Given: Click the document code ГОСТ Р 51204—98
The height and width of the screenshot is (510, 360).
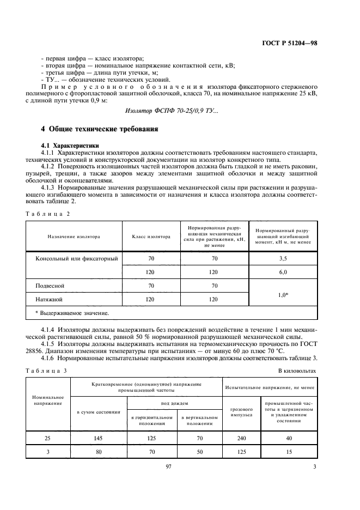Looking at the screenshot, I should coord(290,42).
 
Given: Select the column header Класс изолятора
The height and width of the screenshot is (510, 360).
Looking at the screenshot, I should coord(151,237).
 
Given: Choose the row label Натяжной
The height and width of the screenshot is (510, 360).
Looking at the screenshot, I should coord(50,299).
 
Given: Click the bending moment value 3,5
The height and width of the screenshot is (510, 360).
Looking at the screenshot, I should coord(283,259).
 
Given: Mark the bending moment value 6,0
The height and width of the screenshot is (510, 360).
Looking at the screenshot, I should coord(283,271).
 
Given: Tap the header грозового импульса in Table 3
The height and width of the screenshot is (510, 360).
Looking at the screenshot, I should coord(242,412).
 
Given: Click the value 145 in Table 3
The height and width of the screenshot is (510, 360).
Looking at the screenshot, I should coord(98,438).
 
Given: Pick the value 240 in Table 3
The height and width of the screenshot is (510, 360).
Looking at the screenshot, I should coord(242,438).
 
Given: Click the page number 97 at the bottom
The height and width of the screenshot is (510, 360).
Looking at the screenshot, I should coord(168,466).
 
